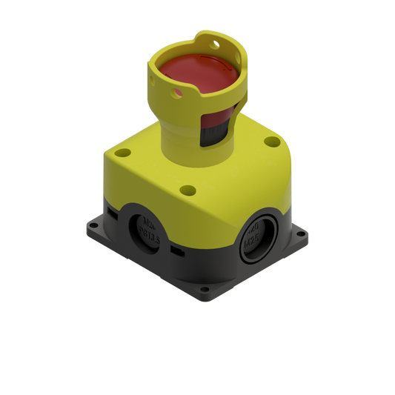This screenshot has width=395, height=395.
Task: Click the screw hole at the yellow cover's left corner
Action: tap(122, 153)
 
